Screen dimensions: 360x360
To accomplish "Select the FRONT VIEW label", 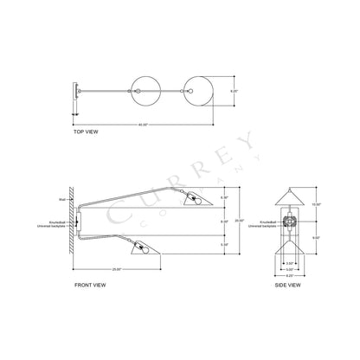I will [x=93, y=283].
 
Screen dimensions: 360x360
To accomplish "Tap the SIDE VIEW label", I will [x=288, y=283].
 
